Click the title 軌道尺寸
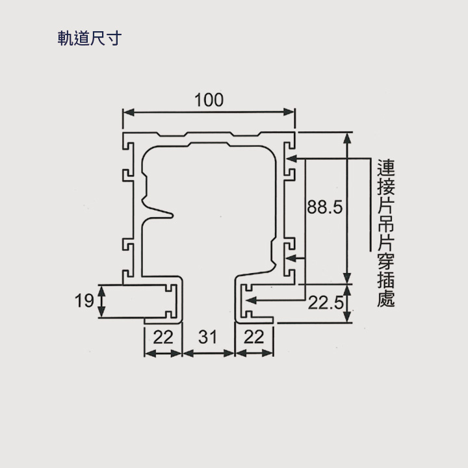(90, 38)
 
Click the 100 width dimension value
(209, 100)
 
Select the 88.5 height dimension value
(325, 207)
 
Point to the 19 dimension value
(84, 300)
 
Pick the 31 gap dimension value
(207, 337)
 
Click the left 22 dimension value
(163, 337)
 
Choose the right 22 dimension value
(253, 337)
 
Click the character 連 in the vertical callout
(386, 168)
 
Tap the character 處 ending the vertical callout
(386, 299)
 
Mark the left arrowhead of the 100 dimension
(128, 112)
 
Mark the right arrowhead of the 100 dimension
(289, 112)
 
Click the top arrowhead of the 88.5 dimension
(347, 138)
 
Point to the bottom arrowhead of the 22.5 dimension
(347, 317)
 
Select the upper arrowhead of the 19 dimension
(102, 291)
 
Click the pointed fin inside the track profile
(158, 211)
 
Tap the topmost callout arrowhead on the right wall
(291, 159)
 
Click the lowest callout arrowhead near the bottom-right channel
(251, 300)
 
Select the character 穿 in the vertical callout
(386, 262)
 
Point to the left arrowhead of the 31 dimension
(188, 354)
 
